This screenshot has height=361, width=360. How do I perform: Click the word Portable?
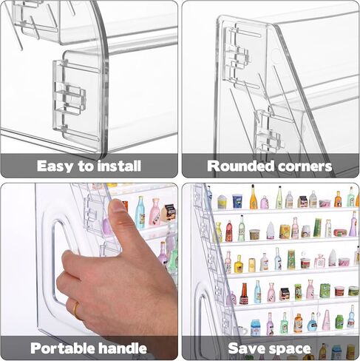tap(62, 348)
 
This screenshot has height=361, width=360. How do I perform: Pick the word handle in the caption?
tap(122, 348)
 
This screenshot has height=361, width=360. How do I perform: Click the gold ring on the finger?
tap(76, 310)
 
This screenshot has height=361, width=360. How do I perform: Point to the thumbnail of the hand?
tap(118, 206)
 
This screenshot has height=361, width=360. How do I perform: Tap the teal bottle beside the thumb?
tap(140, 213)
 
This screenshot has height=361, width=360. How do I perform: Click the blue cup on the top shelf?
tap(237, 201)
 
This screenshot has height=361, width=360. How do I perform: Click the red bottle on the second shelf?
tap(229, 231)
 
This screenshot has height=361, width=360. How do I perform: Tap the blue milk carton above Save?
tap(255, 328)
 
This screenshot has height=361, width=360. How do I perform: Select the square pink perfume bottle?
tap(319, 261)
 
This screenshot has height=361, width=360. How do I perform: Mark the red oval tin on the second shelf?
tap(340, 232)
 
